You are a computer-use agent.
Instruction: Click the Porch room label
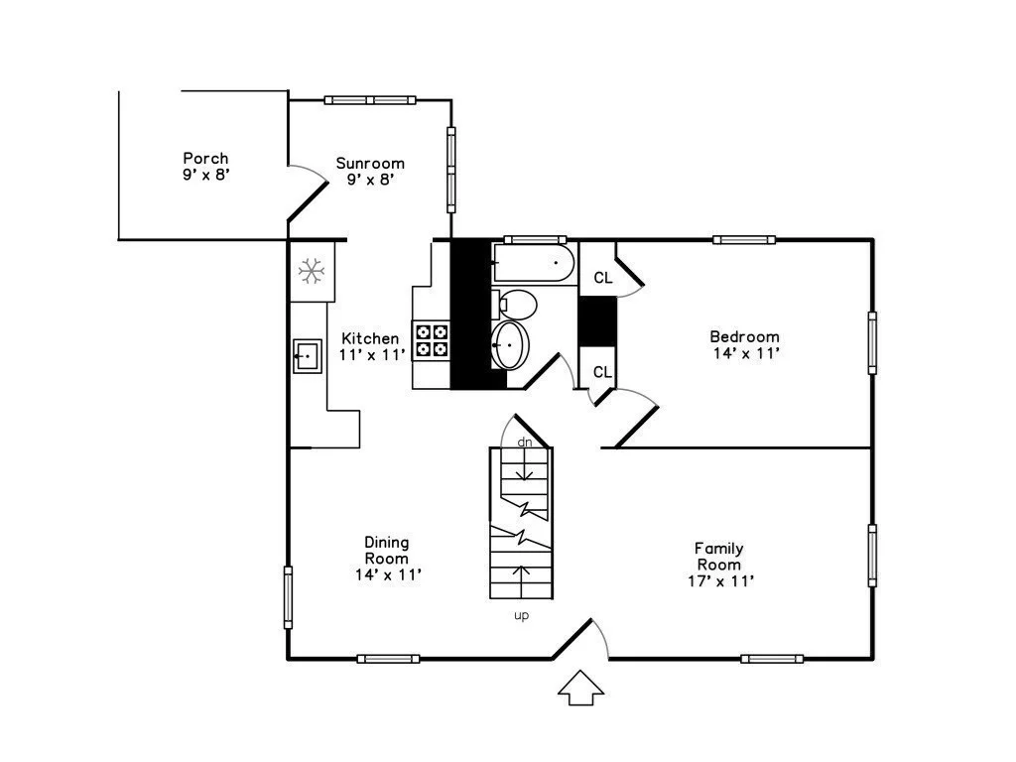coord(205,166)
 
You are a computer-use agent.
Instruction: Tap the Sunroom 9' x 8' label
coord(370,171)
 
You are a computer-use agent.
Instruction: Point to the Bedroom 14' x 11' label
coord(744,344)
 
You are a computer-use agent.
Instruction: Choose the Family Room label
coord(718,564)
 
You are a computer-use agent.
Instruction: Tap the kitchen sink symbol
coord(308,354)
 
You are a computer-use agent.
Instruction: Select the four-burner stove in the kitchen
coord(432,340)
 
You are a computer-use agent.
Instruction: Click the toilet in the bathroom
coord(517,302)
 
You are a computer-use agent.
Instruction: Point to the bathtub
coord(533,264)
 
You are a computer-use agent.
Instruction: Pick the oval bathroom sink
coord(512,344)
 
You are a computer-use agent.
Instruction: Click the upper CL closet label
coord(603,278)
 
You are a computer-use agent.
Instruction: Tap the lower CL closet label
coord(602,372)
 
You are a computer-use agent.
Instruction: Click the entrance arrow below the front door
coord(581,688)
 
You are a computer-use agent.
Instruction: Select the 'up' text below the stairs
coord(521,616)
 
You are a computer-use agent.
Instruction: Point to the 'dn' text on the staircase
coord(525,443)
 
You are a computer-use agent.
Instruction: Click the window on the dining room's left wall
coord(289,596)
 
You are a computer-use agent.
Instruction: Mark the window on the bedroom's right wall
coord(872,342)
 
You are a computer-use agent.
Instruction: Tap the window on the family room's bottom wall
coord(772,659)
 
